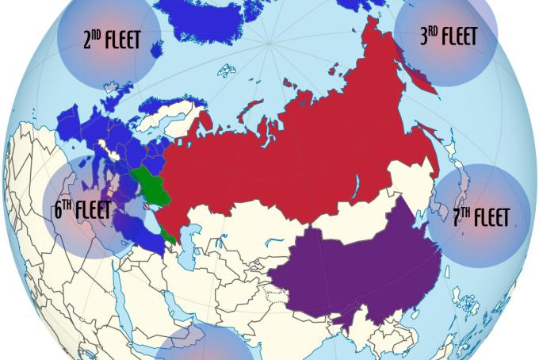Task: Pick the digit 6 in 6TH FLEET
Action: point(58,212)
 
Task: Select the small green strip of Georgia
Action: point(168,234)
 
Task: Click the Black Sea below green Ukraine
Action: point(143,222)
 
